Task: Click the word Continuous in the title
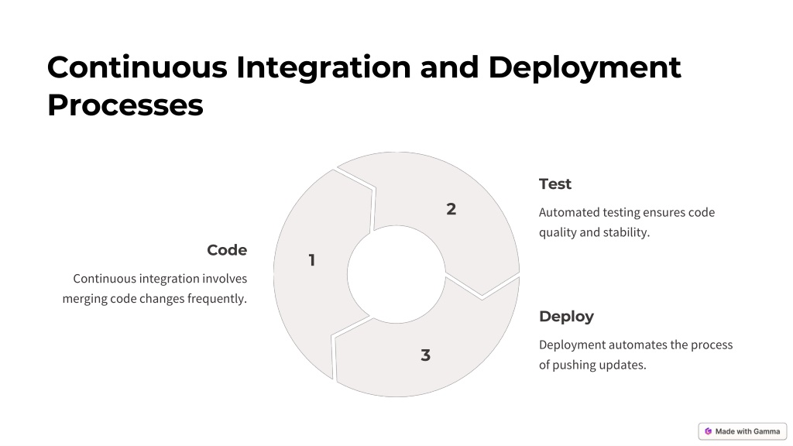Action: pos(138,67)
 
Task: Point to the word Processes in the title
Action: pos(125,105)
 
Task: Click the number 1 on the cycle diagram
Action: pos(312,260)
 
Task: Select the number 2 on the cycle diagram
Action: pos(451,209)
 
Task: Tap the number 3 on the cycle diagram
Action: pos(425,355)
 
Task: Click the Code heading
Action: pos(227,250)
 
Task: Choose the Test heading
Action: pos(554,184)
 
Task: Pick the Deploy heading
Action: pos(566,317)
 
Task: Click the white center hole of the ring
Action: pos(396,274)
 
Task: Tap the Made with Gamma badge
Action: pos(743,431)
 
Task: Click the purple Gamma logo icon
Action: pos(708,431)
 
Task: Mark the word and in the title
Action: pos(450,67)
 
